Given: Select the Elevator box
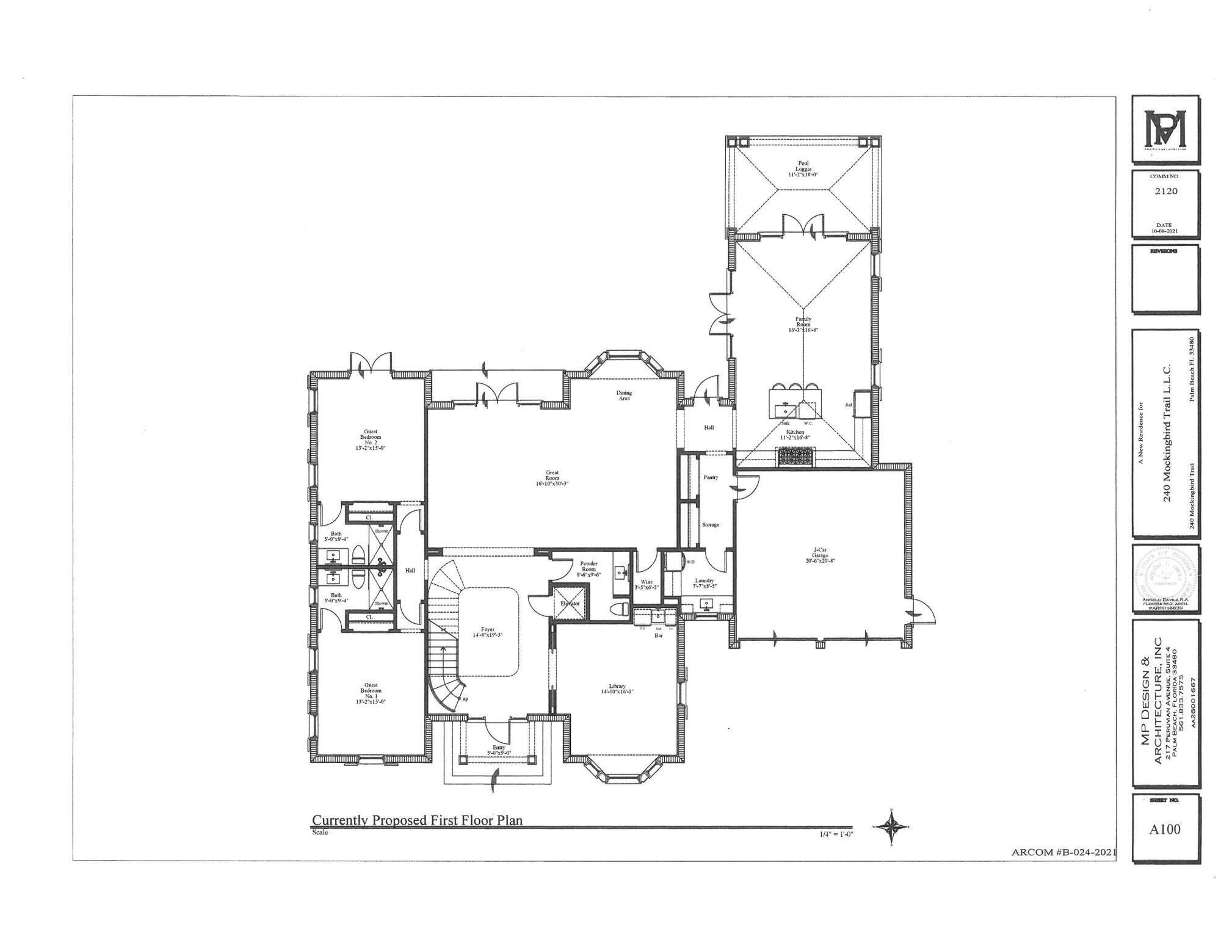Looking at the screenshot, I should click(x=570, y=602).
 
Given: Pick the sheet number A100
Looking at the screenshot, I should click(x=1165, y=829).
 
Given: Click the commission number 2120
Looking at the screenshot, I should click(x=1165, y=191).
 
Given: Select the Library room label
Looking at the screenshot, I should click(x=617, y=689).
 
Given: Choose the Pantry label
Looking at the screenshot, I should click(x=711, y=477).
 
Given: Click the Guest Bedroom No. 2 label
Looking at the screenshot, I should click(x=371, y=439).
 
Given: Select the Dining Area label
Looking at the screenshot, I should click(x=624, y=395).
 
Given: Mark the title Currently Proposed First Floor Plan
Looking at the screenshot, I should click(x=418, y=820).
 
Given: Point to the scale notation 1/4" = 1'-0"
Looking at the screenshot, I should click(x=836, y=834).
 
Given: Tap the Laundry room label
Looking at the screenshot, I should click(x=704, y=583).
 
